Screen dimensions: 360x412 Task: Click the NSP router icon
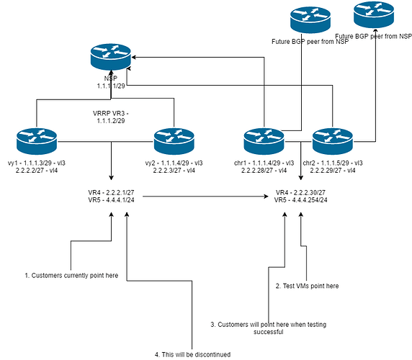pyautogui.click(x=111, y=56)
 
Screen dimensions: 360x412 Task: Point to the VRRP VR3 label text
pyautogui.click(x=111, y=117)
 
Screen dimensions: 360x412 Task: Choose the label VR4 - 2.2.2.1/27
pyautogui.click(x=112, y=193)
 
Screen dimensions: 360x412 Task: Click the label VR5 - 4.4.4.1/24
pyautogui.click(x=112, y=201)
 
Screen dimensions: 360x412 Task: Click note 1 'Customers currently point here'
pyautogui.click(x=71, y=275)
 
